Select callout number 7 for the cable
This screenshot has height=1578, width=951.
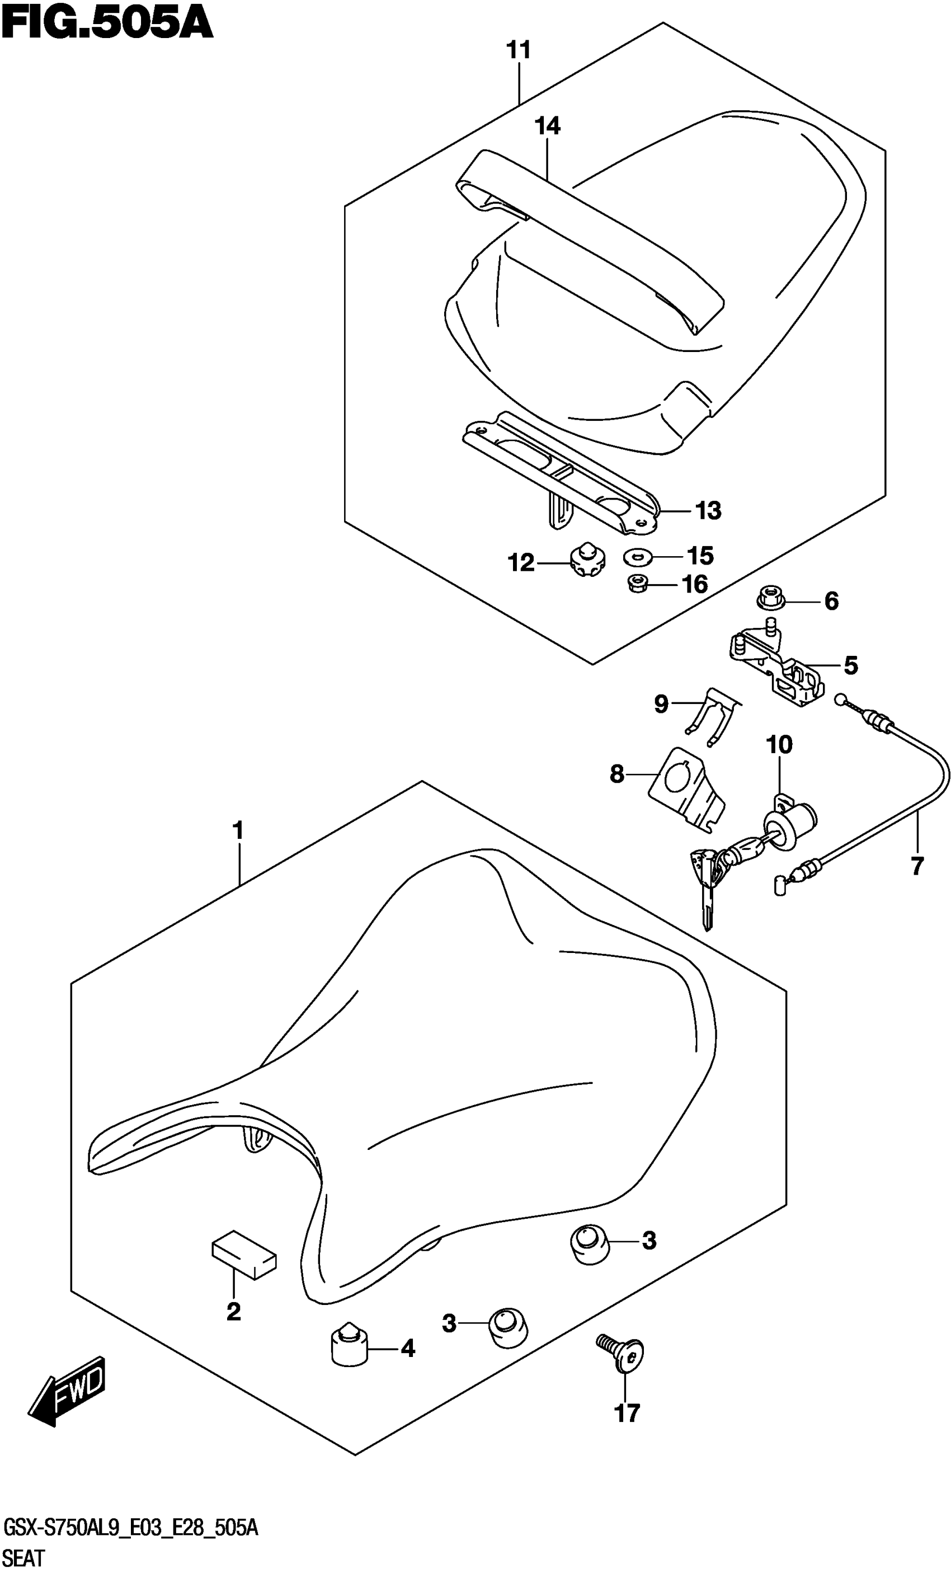pyautogui.click(x=916, y=866)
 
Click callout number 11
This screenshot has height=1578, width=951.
pyautogui.click(x=519, y=49)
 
